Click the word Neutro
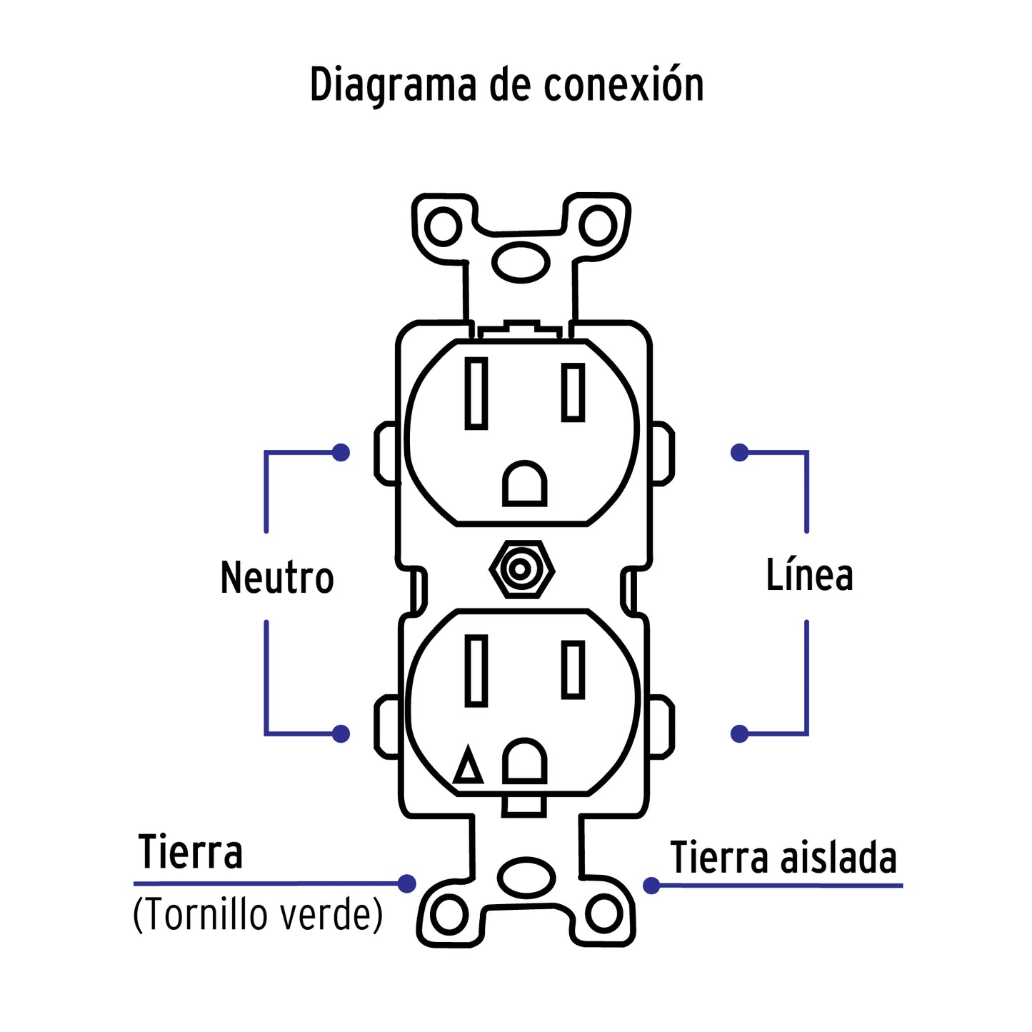[x=277, y=577]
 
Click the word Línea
[x=809, y=575]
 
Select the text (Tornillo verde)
[x=258, y=914]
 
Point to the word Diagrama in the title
[x=392, y=86]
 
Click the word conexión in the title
[x=623, y=84]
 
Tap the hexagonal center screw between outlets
[x=521, y=570]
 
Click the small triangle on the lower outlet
[x=469, y=767]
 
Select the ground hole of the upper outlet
[x=525, y=485]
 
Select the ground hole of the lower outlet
[x=525, y=761]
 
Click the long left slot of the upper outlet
[x=476, y=393]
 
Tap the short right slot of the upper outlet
[x=573, y=391]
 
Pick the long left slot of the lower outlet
[x=476, y=670]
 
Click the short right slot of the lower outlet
[x=573, y=668]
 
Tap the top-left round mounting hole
[x=442, y=226]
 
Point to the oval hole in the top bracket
[x=521, y=261]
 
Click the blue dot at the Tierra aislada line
[x=651, y=886]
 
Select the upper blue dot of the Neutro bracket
[x=341, y=452]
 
